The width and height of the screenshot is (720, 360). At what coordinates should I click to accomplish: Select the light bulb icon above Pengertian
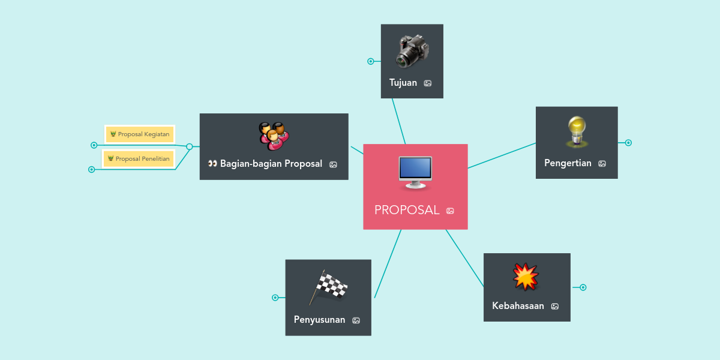click(x=577, y=132)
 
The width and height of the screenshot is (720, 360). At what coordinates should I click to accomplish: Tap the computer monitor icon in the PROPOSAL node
click(x=415, y=172)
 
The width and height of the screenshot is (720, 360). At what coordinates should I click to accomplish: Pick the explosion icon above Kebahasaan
click(x=526, y=277)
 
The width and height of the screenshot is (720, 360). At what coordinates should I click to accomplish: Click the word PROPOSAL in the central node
click(x=407, y=210)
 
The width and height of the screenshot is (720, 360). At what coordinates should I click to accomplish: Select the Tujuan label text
click(x=403, y=83)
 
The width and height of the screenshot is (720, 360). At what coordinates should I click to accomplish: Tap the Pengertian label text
click(x=568, y=163)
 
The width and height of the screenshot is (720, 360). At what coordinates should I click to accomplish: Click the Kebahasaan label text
click(x=518, y=306)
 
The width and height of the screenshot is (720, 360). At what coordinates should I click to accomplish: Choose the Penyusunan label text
click(x=319, y=320)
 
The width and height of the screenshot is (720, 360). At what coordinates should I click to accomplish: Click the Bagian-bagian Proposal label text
click(x=271, y=164)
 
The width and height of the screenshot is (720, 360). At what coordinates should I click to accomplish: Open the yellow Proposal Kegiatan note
click(x=140, y=134)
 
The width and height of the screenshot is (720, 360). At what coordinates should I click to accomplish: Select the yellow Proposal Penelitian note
click(x=139, y=159)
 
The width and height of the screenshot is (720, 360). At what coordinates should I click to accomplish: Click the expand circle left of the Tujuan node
click(x=371, y=61)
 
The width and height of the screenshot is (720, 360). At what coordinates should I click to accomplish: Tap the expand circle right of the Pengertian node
click(x=628, y=143)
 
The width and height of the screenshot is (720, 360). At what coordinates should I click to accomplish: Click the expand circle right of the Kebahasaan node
click(x=583, y=287)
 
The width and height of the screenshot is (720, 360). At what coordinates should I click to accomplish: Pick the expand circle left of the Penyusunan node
click(x=275, y=298)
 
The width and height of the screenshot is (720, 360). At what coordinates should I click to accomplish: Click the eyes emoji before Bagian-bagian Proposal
click(x=212, y=164)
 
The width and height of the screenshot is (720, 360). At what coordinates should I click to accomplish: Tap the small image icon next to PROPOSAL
click(x=450, y=211)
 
